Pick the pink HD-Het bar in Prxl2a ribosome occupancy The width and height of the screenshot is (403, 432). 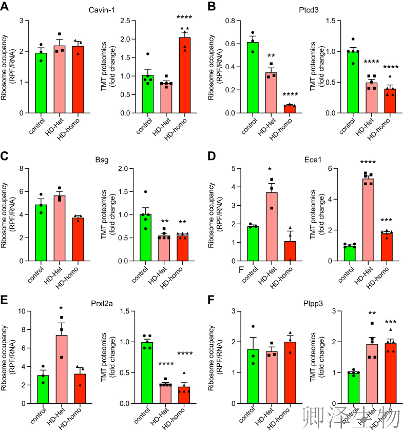[61, 369]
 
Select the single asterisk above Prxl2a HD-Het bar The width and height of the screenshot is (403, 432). [61, 309]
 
